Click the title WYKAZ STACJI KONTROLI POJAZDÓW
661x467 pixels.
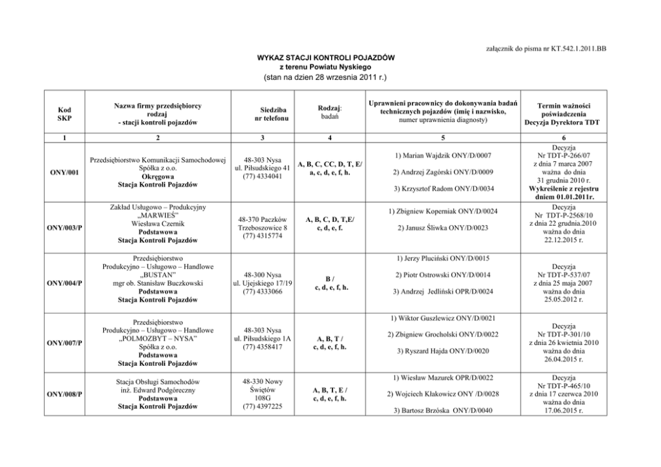(x=326, y=58)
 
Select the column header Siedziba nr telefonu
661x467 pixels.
(x=266, y=114)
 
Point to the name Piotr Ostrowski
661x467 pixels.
(x=426, y=274)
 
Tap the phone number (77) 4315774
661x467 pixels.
(x=266, y=236)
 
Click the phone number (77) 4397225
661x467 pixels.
(x=266, y=406)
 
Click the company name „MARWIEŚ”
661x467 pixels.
(x=157, y=215)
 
